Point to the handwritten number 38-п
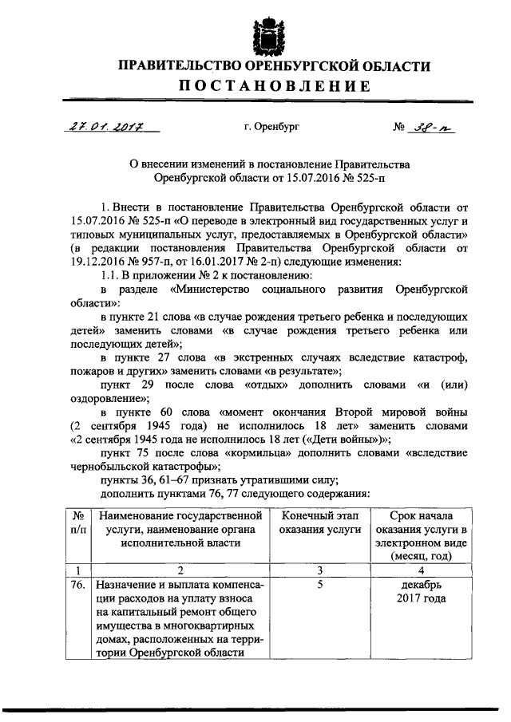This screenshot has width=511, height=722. coord(432,125)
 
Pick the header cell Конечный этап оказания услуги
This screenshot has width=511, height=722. coord(318,527)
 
